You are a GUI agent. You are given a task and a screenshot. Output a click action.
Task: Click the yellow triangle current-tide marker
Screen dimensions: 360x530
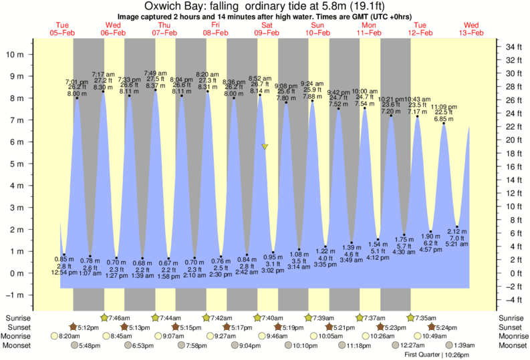point(265,146)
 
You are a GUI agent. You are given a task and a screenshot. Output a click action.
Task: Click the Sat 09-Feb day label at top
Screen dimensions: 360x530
point(266,28)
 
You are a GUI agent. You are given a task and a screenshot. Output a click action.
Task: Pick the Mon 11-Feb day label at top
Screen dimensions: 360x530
point(368,28)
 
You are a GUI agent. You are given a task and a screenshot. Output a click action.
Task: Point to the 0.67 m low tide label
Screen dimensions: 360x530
point(168,262)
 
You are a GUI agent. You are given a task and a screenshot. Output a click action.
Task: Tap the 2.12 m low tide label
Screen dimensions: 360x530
point(456,231)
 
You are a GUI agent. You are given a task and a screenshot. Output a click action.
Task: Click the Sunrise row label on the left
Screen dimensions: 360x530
point(20,318)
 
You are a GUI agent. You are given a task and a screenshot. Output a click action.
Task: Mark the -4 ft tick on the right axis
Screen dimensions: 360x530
point(511,301)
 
